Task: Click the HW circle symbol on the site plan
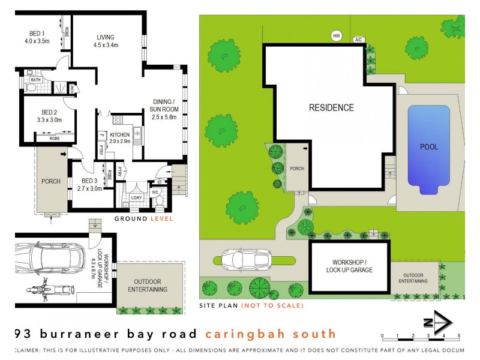coord(336,36)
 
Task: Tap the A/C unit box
coord(359,40)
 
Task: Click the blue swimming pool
coord(428,147)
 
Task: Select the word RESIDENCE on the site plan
coord(331,108)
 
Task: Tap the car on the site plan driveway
coord(246,260)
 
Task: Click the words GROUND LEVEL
coord(144,219)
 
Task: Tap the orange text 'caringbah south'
coord(270,334)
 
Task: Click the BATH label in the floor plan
coord(35,79)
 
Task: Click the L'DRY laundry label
coord(136,197)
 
